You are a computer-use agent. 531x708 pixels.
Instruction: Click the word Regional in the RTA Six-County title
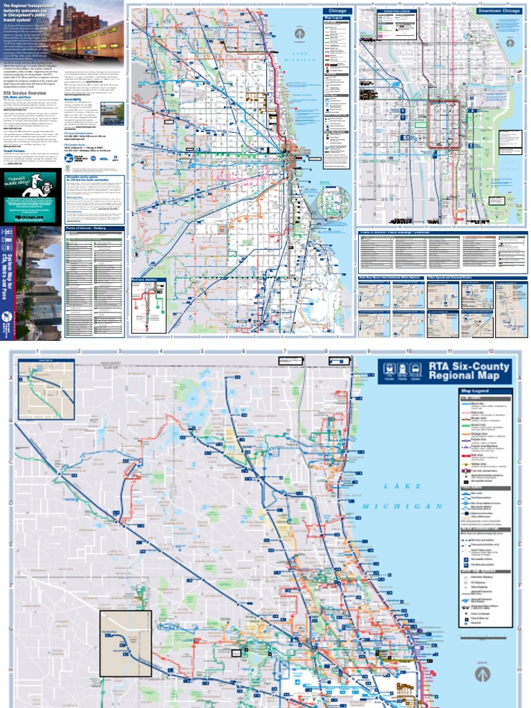(x=453, y=376)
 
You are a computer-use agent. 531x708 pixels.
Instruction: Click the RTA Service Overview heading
(x=24, y=93)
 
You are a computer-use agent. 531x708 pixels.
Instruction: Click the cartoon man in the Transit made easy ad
(x=31, y=185)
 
